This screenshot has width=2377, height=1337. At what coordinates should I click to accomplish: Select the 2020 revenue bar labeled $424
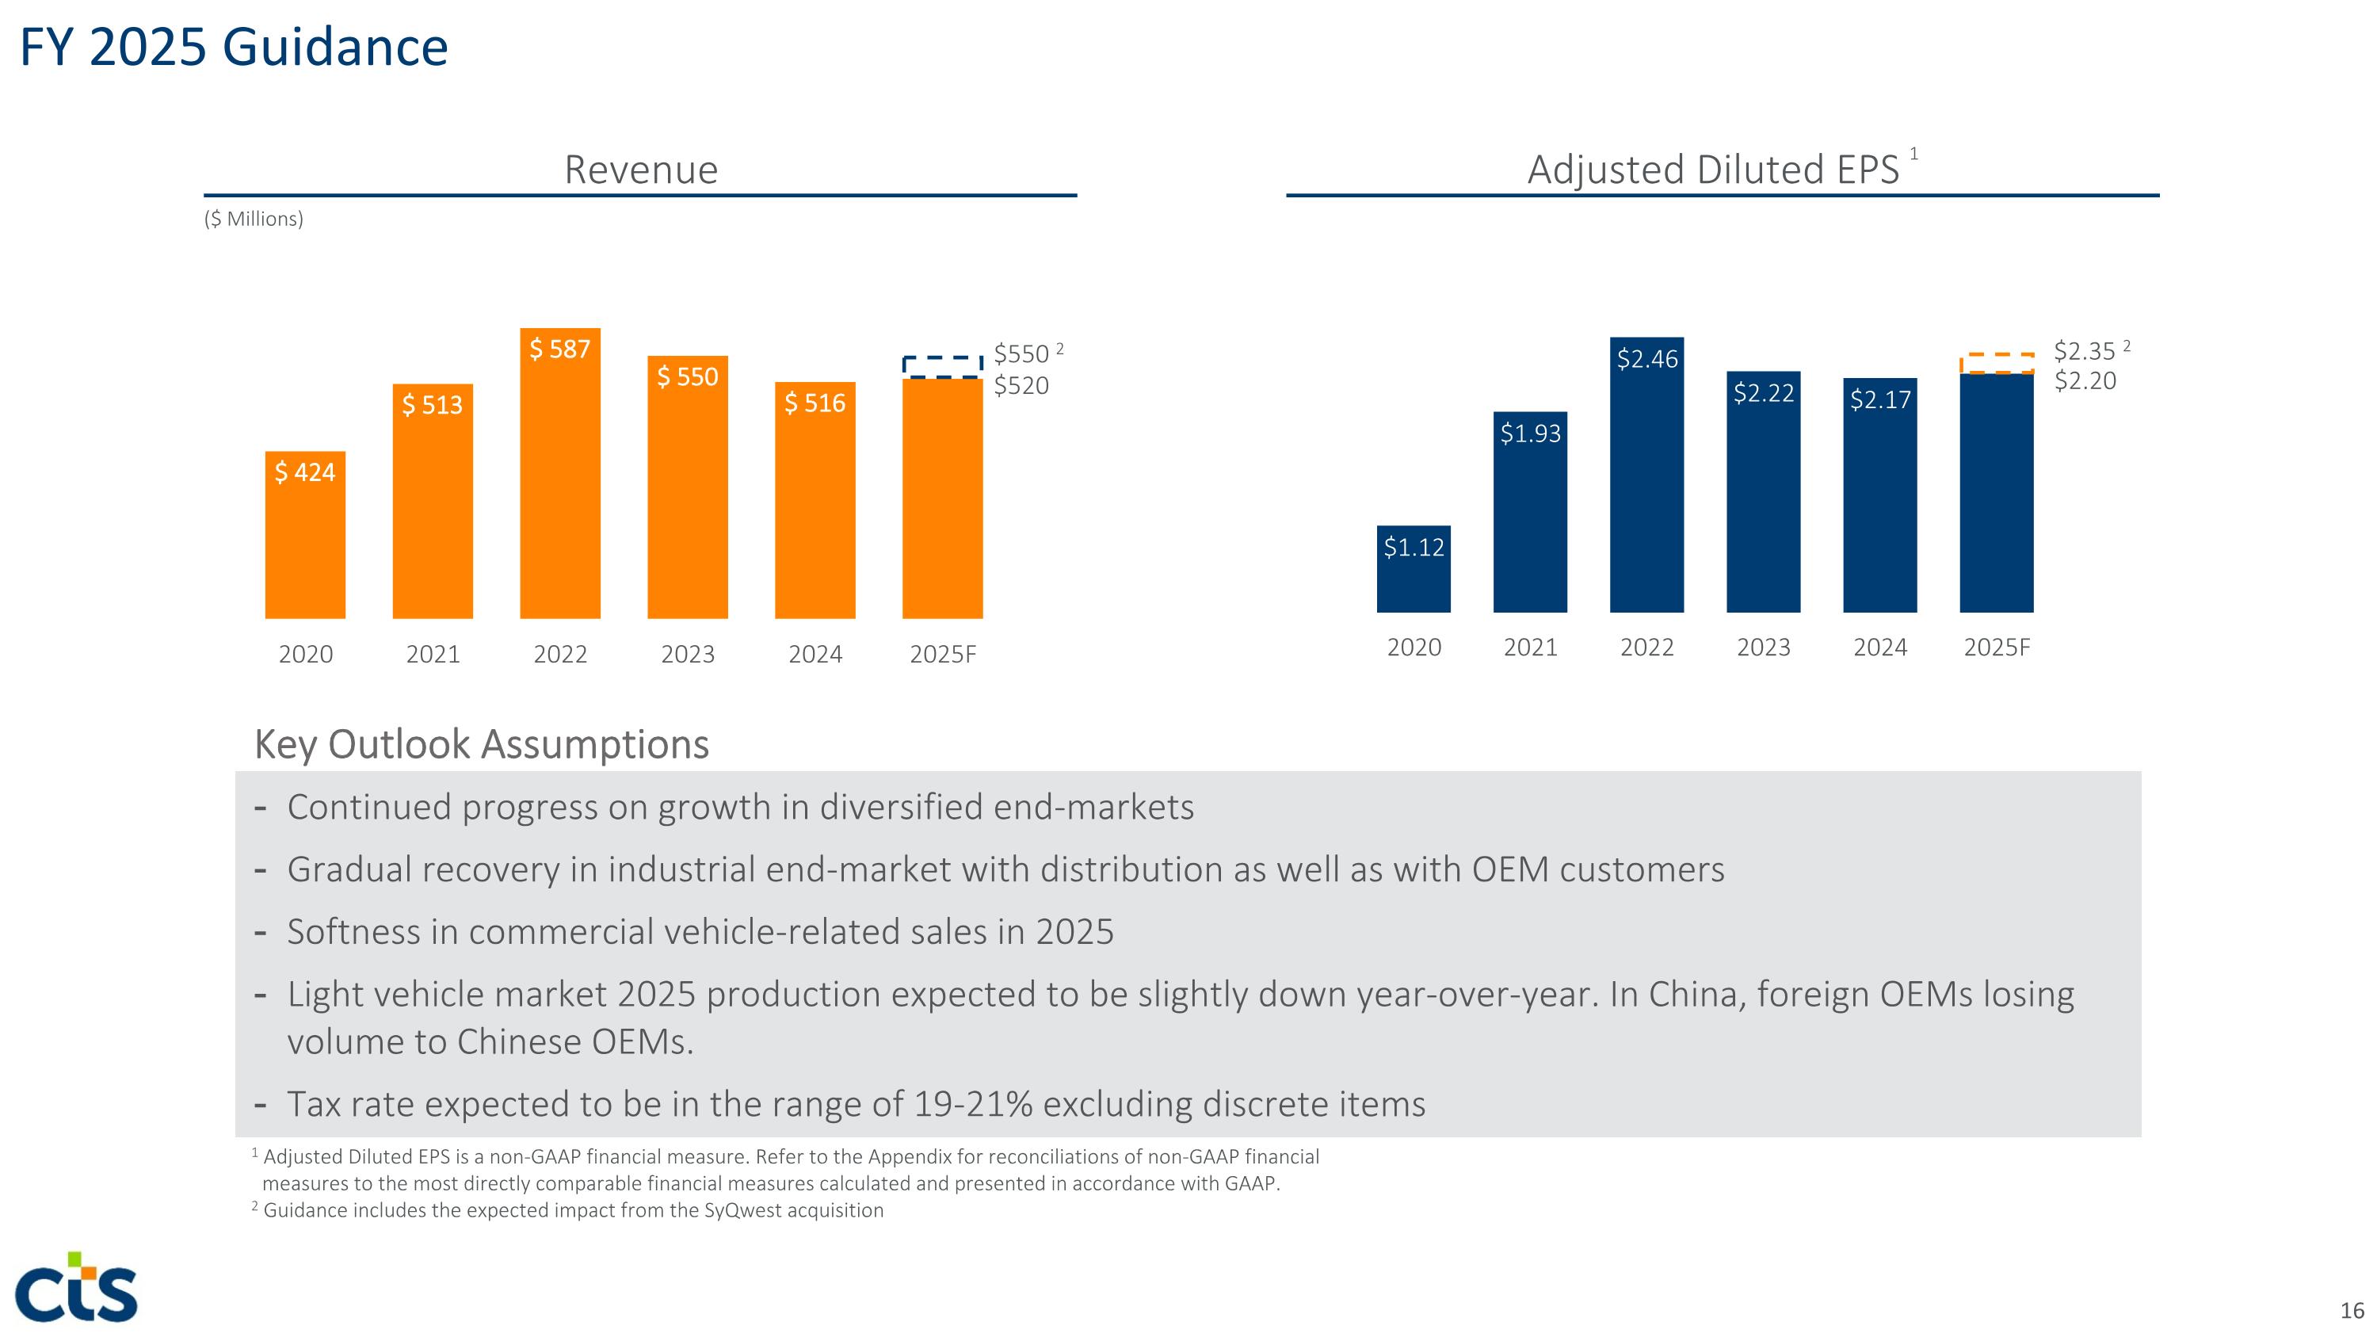click(304, 544)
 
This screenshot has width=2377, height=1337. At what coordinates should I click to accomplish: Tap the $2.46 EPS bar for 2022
click(1646, 489)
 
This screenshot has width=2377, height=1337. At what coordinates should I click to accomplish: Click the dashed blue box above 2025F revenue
click(942, 366)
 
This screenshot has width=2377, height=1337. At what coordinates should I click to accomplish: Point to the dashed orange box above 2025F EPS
click(1996, 364)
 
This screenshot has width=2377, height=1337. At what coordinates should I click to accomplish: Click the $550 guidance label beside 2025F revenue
click(1021, 354)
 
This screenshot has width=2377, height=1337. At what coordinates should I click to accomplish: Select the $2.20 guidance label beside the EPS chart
click(2085, 381)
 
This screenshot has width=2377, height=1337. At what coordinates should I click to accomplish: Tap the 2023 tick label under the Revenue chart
click(688, 654)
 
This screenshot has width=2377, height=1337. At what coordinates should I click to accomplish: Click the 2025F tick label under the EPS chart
click(1996, 647)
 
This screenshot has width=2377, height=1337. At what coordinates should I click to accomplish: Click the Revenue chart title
click(640, 170)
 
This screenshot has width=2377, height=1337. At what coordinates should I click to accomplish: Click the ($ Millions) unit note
click(254, 219)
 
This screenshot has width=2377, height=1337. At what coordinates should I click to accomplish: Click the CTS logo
click(78, 1288)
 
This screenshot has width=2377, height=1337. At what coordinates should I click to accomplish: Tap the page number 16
click(2351, 1310)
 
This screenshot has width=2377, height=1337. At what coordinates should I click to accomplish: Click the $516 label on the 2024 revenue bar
click(815, 403)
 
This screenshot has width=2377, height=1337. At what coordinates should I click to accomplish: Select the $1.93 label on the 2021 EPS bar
click(1530, 433)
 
